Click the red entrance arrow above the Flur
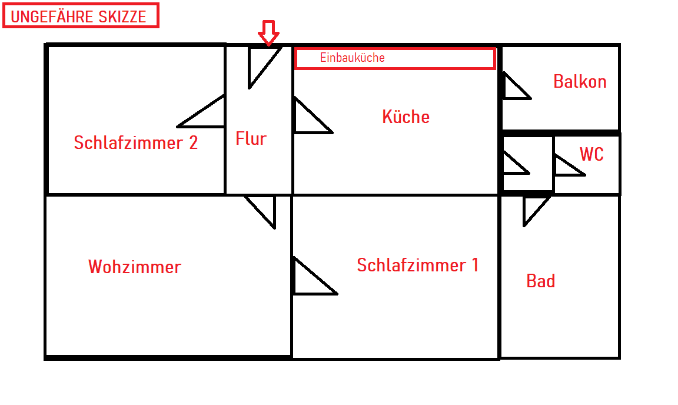(268, 32)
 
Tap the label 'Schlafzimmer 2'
(135, 142)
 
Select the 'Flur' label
(251, 139)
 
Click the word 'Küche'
(406, 117)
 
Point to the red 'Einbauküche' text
(352, 58)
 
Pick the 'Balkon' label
(580, 81)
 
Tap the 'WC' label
(591, 154)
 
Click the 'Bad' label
(540, 281)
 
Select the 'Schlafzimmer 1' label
(418, 265)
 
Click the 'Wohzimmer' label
(135, 267)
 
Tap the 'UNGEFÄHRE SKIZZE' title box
(81, 16)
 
